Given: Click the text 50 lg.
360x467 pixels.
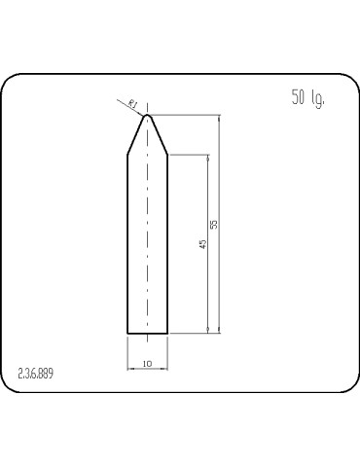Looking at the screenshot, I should point(306,98).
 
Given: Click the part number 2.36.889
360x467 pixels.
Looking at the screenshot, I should point(37,374).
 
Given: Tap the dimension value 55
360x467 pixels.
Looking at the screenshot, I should point(214,225).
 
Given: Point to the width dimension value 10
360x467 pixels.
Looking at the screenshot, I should point(147,363).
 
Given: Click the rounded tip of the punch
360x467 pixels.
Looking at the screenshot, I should point(148,116).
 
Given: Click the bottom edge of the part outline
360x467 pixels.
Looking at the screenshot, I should point(148,334).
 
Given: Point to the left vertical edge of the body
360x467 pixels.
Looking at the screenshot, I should point(128,243).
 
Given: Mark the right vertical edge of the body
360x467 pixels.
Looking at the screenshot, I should point(167,243).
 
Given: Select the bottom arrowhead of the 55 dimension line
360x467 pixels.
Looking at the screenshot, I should point(221,330).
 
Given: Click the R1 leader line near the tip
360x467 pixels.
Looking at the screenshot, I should point(138,107).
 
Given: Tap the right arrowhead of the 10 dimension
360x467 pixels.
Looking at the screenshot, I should point(164,369).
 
